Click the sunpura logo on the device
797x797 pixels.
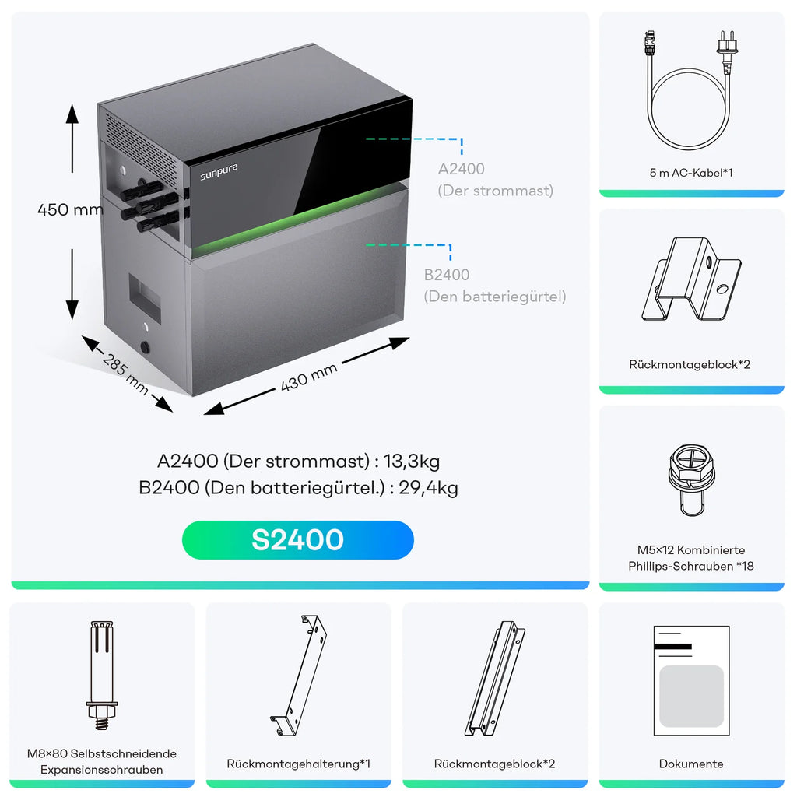point(219,172)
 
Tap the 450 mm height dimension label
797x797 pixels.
point(70,209)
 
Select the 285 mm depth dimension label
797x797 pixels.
point(125,374)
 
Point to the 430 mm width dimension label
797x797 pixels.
point(308,377)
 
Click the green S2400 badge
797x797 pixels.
point(298,540)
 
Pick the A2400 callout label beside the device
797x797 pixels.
point(461,169)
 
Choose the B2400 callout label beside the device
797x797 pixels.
point(446,275)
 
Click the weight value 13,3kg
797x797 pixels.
point(411,461)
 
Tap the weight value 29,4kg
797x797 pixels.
point(428,487)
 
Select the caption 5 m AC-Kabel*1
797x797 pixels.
point(691,173)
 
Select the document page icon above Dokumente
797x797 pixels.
point(691,681)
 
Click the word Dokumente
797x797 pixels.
point(691,764)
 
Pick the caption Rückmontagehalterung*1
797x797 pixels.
point(298,764)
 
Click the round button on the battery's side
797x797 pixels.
point(146,347)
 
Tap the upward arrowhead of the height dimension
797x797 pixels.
point(72,114)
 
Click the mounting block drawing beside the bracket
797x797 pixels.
point(494,678)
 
